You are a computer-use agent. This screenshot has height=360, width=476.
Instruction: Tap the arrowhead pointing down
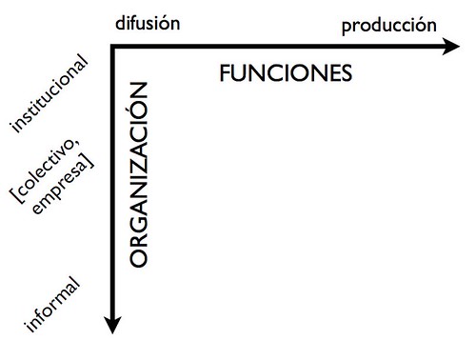pyautogui.click(x=112, y=325)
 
